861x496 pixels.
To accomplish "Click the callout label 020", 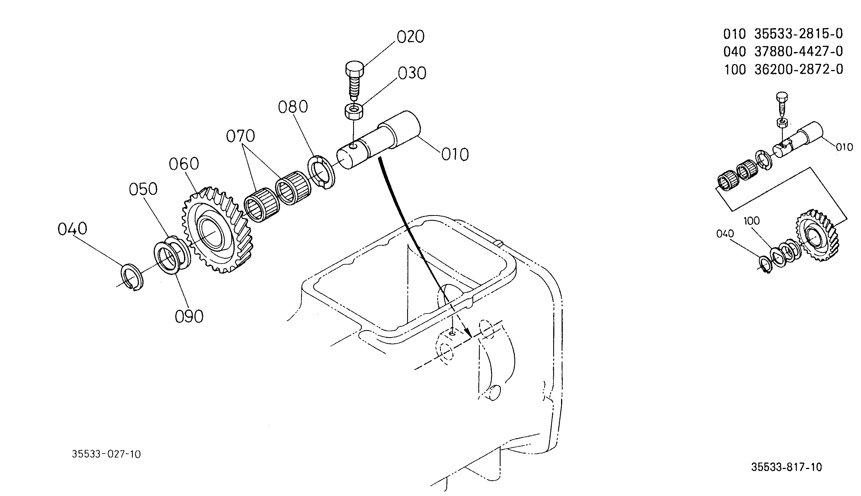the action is [411, 37].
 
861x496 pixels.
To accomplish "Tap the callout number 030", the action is [412, 73].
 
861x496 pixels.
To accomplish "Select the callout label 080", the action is [293, 107].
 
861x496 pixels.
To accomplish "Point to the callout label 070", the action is [240, 136].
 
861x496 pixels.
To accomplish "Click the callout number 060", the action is [184, 164].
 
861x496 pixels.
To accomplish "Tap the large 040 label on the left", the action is [72, 229].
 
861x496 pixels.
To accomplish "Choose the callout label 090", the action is [189, 317].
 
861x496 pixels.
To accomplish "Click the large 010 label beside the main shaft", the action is [455, 155].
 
